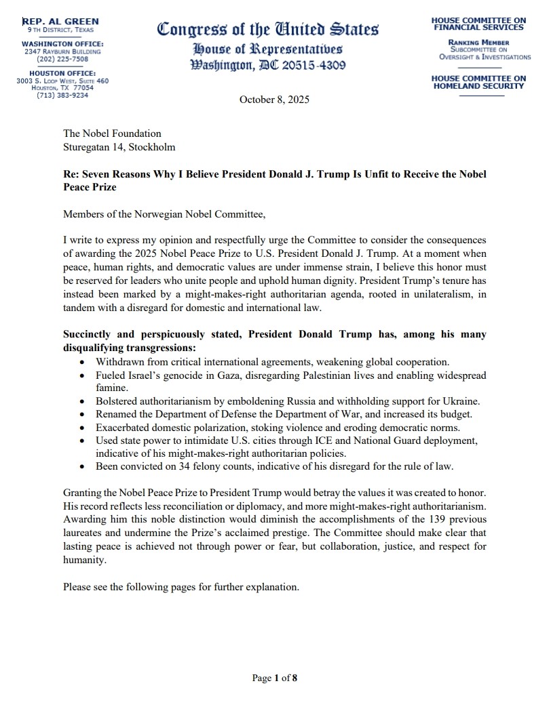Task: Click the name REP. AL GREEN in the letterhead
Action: coord(60,22)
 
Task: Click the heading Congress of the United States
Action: coord(268,30)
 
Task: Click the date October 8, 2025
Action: coord(274,100)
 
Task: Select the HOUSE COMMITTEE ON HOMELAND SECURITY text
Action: coord(478,82)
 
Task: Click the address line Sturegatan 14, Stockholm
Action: coord(119,146)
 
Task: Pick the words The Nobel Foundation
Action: coord(112,134)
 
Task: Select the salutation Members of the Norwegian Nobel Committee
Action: coord(164,215)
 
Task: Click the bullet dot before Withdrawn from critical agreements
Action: coord(82,363)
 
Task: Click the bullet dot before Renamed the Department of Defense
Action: coord(82,414)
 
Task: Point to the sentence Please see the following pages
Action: coord(180,587)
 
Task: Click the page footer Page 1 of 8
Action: coord(275,678)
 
